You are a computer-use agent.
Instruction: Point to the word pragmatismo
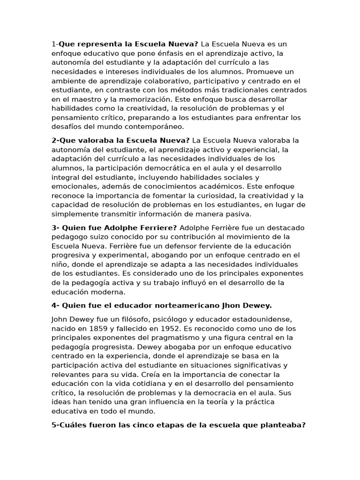tap(181, 337)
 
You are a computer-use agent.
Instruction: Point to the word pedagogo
tap(70, 237)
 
